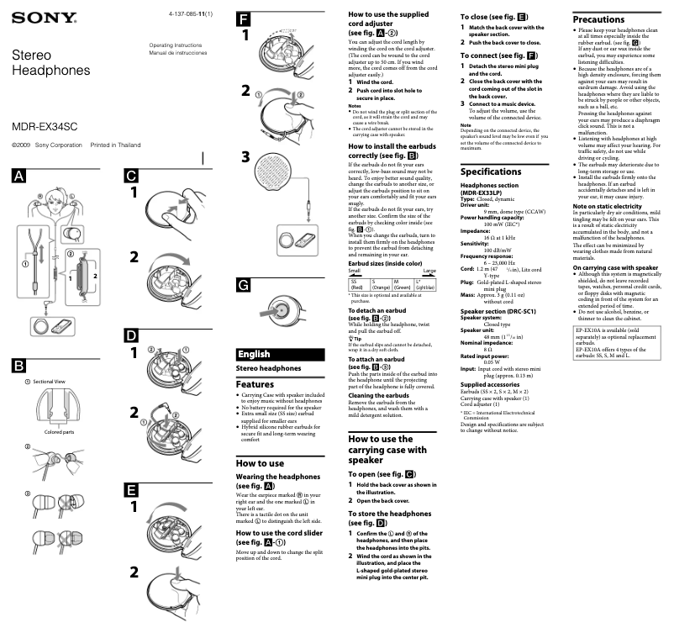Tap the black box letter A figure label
tap(18, 176)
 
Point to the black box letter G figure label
tap(243, 286)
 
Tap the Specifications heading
tap(497, 171)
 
